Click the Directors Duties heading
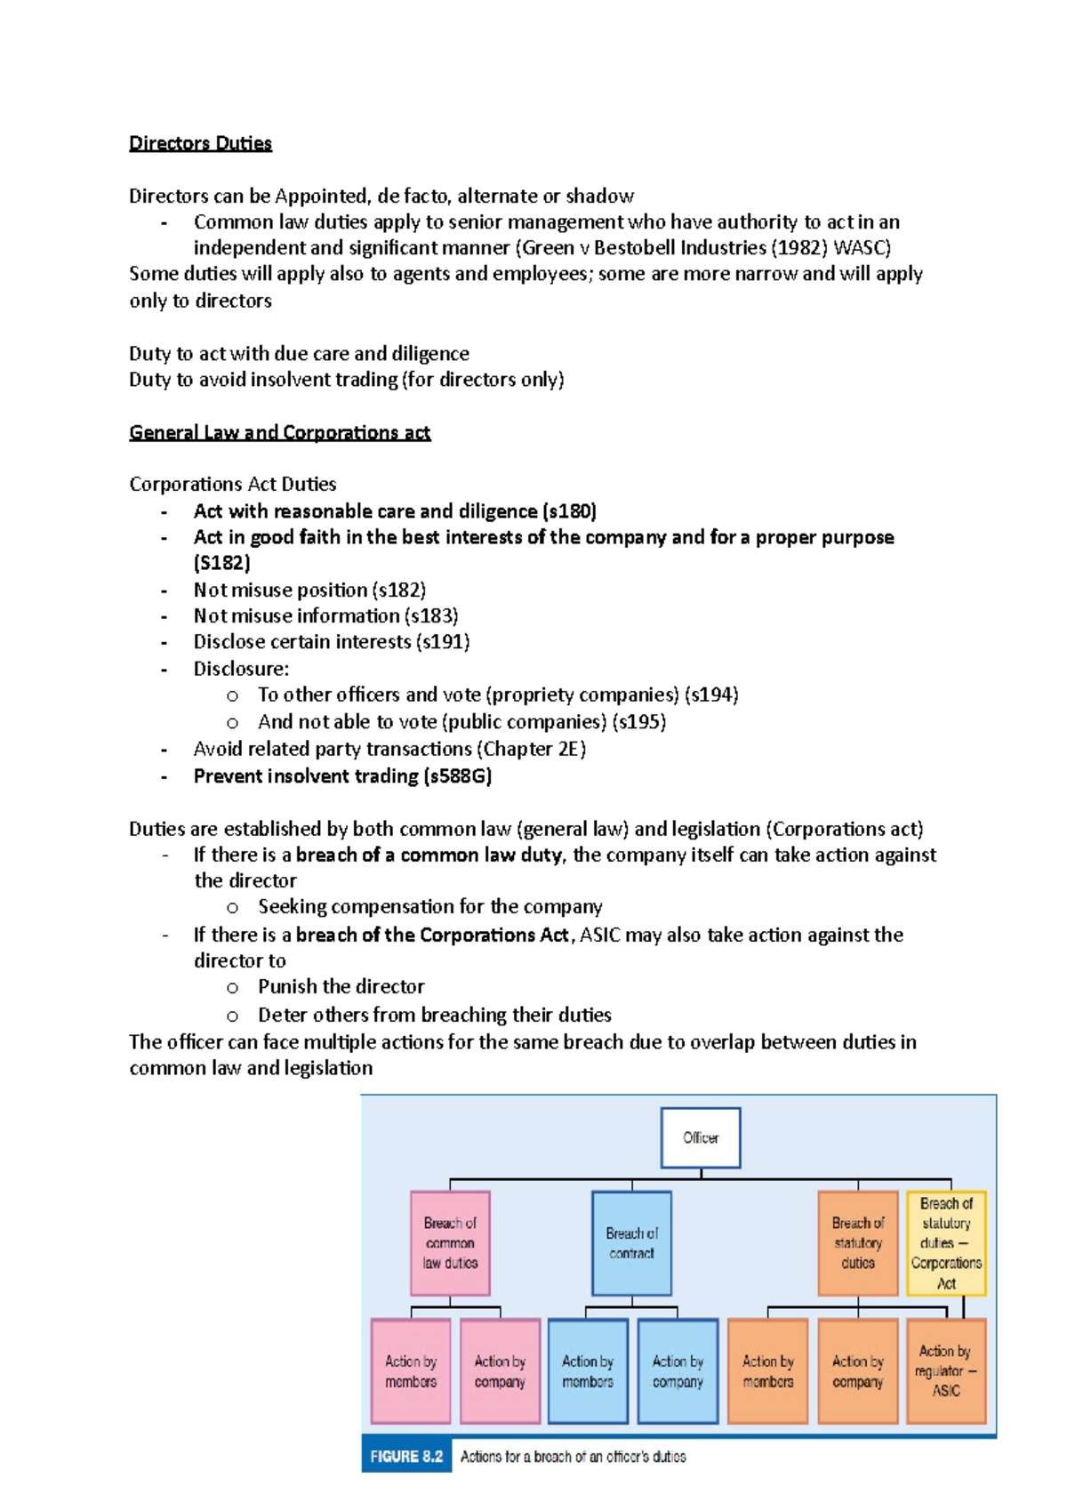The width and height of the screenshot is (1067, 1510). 200,143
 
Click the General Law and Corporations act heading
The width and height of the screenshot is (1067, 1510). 279,433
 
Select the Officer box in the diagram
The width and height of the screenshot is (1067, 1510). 700,1137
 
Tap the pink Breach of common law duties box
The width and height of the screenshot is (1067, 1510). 450,1243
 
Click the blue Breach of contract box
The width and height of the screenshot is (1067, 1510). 631,1243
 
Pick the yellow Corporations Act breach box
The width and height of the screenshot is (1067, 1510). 946,1243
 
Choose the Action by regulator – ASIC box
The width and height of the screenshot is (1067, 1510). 946,1370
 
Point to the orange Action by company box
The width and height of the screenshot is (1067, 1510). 857,1371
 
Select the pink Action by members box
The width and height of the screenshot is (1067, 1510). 411,1371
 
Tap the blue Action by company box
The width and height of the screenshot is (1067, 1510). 678,1371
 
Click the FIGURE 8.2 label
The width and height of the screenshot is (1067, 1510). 406,1457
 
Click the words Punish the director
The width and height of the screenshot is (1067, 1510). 341,987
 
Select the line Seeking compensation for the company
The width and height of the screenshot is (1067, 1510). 429,907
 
